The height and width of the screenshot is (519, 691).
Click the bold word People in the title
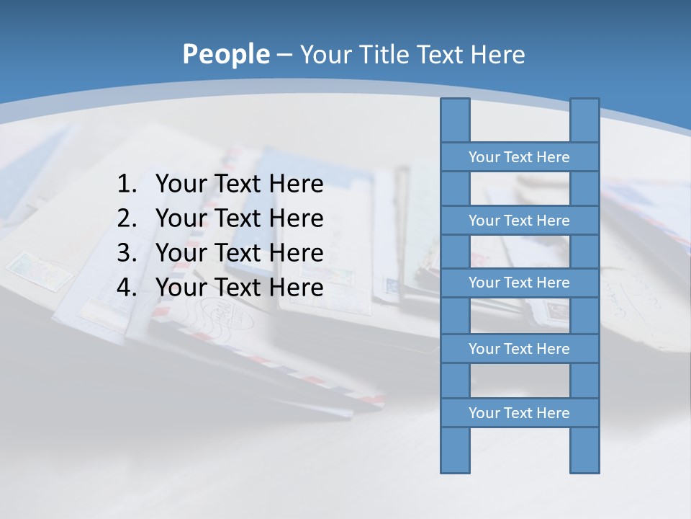click(x=225, y=54)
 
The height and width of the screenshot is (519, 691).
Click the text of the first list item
click(x=239, y=185)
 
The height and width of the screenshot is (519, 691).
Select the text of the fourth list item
click(x=239, y=288)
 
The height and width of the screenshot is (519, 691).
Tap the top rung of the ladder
click(x=519, y=157)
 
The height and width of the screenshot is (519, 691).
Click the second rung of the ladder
click(x=519, y=221)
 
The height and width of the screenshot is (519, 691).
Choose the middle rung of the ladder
click(x=519, y=283)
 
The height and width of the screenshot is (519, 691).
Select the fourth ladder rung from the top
click(x=519, y=349)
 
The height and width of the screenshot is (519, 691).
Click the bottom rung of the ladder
click(x=519, y=413)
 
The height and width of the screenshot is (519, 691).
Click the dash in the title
click(x=284, y=55)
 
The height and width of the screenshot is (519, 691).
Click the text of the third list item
click(x=239, y=253)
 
